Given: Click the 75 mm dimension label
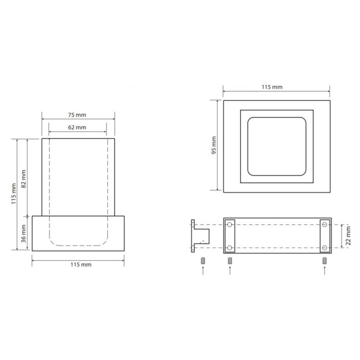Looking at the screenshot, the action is pos(77,115).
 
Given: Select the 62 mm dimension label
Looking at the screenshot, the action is pos(77,127).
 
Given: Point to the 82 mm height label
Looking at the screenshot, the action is pos(23,179).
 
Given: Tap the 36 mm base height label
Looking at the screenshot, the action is pos(23,234).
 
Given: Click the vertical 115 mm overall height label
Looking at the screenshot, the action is pos(14,194).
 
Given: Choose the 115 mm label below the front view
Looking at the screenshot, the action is pos(81,265).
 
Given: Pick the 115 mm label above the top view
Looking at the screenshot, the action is pos(272,87).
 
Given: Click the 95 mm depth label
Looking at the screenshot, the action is pos(214,145).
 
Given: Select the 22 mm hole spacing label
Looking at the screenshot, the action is pos(348,236).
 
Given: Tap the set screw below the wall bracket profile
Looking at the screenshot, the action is pos(203,261).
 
